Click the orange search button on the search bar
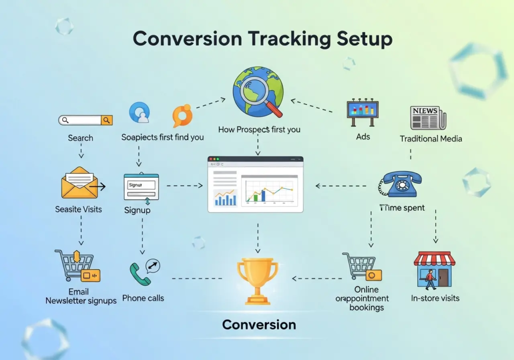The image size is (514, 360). pos(106,120)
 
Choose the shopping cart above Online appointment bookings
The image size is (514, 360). pos(360,266)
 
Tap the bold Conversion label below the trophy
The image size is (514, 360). pos(259,324)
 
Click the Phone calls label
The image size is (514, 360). pos(143,298)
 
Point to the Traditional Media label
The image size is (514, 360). pos(431,139)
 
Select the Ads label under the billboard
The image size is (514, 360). pos(362,137)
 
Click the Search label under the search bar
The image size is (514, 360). pos(80,138)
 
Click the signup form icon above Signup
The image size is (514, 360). pos(141,187)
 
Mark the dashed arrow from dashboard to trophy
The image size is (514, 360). pos(258,236)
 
